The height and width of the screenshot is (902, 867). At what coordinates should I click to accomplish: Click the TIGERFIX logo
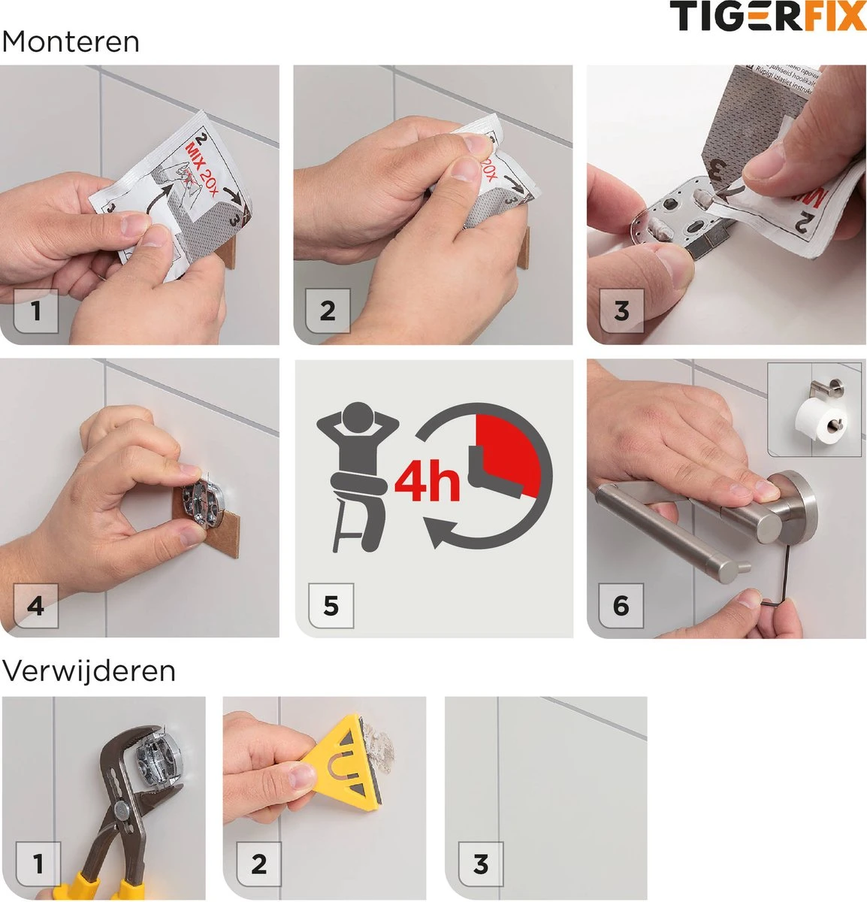pos(767,17)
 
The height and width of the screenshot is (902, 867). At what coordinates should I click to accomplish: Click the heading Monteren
pos(71,42)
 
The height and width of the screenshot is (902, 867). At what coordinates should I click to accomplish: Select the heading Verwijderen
pos(89,670)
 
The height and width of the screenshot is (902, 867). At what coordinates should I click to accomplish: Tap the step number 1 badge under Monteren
pos(35,310)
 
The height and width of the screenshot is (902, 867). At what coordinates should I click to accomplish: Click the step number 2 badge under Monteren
pos(328,310)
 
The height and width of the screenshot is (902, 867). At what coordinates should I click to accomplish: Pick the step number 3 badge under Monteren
pos(621,310)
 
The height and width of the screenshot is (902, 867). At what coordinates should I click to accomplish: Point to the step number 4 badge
pos(35,605)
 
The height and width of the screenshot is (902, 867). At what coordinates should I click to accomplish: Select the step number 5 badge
pos(331,605)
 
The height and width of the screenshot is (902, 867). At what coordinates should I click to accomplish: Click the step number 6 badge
pos(621,605)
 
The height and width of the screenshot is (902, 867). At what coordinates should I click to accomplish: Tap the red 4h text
pos(426,483)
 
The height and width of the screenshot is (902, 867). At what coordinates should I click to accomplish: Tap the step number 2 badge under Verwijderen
pos(258,864)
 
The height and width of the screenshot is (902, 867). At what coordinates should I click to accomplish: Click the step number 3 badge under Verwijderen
pos(481,864)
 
